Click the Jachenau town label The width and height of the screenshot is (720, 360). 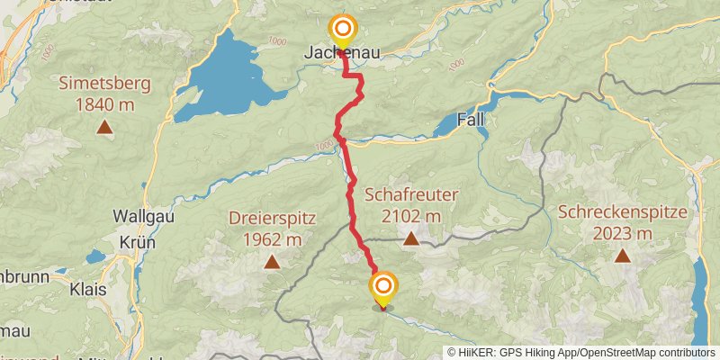coord(341,55)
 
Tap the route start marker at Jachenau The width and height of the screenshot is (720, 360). coord(342,30)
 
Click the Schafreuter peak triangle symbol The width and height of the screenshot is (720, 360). coord(411,238)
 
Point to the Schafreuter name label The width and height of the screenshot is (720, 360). coord(411,194)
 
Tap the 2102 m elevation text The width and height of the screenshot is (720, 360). coord(411,216)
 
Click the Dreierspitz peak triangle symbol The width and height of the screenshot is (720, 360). coord(271,262)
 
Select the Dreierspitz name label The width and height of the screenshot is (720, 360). coord(271,218)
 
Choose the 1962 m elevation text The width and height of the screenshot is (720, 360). coord(271,239)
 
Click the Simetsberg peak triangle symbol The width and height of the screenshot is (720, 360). coord(105,128)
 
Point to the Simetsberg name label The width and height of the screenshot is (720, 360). coord(105,84)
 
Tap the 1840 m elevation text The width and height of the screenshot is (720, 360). coord(105,105)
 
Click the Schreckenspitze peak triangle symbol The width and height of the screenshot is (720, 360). coord(622,256)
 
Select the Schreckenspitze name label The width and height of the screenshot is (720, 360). coord(622,212)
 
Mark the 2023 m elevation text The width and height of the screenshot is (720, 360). coord(622,234)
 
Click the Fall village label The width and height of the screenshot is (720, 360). coord(471,120)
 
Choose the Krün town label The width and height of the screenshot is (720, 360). coord(139,242)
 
